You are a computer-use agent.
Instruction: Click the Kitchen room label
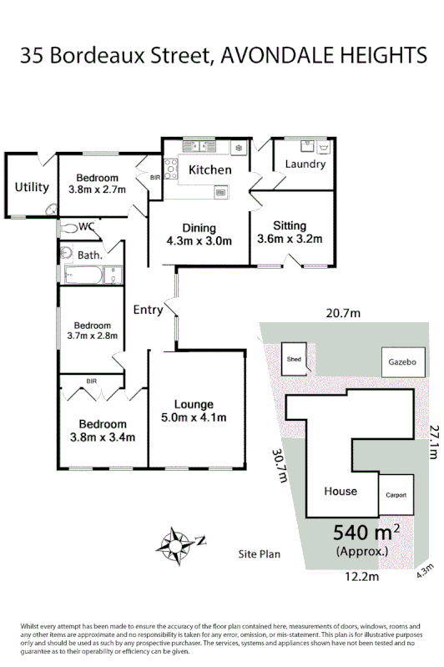pyautogui.click(x=209, y=170)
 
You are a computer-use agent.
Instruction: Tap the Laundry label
pyautogui.click(x=305, y=164)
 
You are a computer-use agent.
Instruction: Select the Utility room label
pyautogui.click(x=32, y=187)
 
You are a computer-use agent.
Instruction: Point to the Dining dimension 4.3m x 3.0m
pyautogui.click(x=199, y=241)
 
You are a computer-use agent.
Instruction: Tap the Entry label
pyautogui.click(x=148, y=311)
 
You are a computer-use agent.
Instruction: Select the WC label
pyautogui.click(x=86, y=226)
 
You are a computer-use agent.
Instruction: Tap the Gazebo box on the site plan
pyautogui.click(x=401, y=362)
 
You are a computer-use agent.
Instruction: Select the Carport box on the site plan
pyautogui.click(x=396, y=495)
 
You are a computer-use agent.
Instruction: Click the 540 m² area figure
pyautogui.click(x=366, y=532)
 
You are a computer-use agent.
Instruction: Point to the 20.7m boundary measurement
pyautogui.click(x=342, y=313)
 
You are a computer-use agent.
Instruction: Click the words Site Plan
pyautogui.click(x=259, y=553)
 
